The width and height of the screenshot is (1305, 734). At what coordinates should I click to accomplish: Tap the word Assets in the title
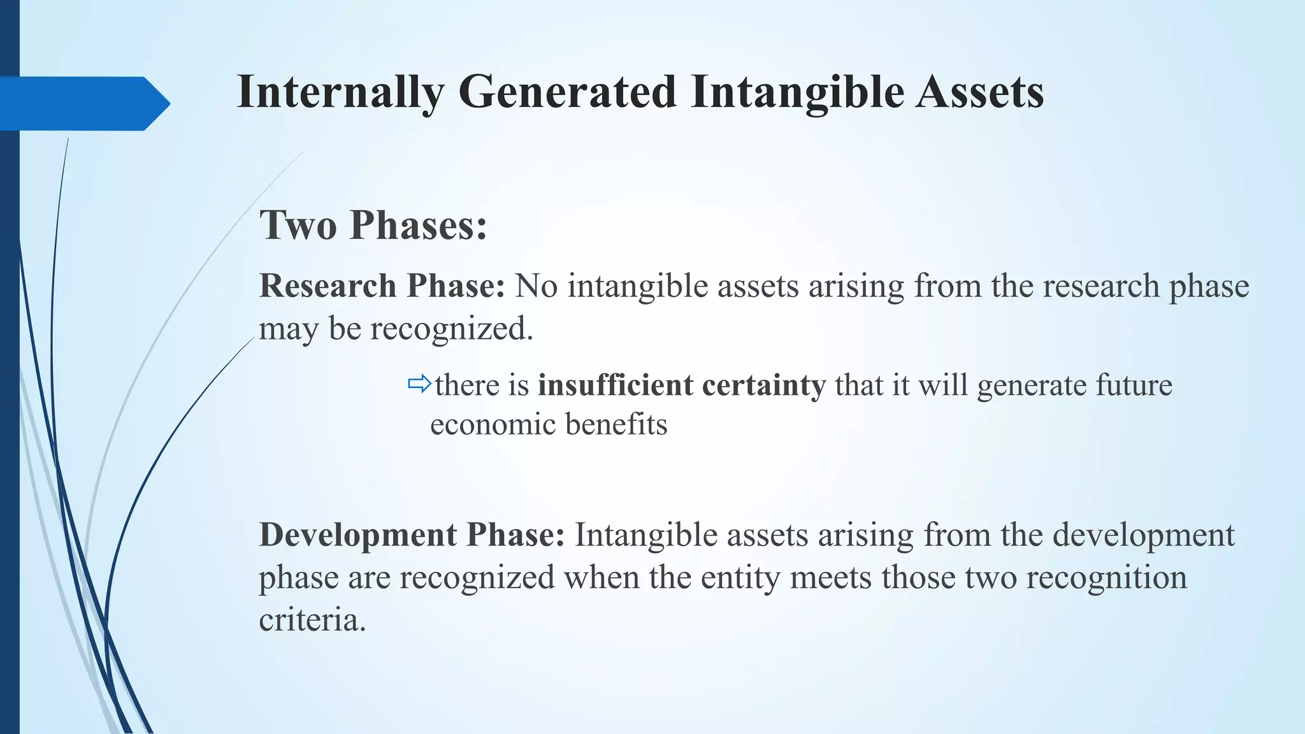tap(979, 93)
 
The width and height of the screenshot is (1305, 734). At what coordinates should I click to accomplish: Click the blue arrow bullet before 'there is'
tap(419, 384)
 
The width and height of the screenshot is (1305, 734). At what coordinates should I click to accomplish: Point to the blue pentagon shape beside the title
tap(83, 103)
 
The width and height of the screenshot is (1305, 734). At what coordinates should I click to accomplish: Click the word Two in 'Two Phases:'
tap(298, 226)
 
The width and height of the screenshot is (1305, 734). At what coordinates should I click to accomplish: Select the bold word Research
tap(328, 286)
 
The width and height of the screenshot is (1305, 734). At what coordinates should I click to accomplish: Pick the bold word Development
tap(357, 535)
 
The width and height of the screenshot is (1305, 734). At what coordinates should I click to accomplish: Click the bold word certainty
tap(764, 385)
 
